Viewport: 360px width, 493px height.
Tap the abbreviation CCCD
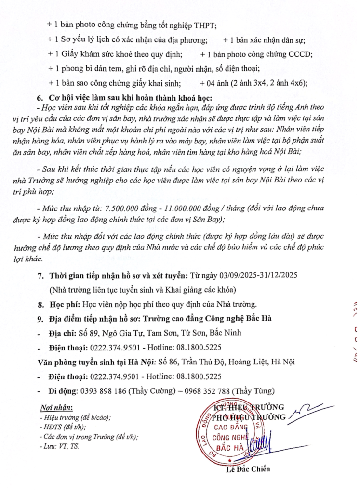(x=300, y=53)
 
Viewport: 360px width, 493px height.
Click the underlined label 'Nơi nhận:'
(x=57, y=409)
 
